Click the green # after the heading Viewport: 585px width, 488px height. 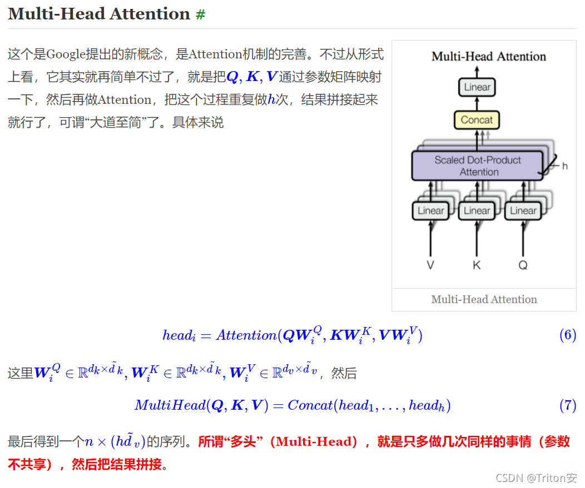tap(200, 15)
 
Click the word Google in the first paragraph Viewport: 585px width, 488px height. tap(65, 54)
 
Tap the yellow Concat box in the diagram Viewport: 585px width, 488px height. tap(477, 120)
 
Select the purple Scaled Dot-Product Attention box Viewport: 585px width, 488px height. tap(478, 166)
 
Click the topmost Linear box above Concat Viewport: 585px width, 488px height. tap(477, 87)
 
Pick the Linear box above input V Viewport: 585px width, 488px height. tap(430, 211)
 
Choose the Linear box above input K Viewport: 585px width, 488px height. tap(477, 211)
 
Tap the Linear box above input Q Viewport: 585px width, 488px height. tap(523, 211)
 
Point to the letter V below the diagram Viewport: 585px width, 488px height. tap(430, 265)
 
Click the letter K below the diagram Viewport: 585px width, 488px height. tap(477, 265)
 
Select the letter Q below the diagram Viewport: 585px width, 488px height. tap(523, 265)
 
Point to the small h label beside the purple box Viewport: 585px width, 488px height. tap(565, 166)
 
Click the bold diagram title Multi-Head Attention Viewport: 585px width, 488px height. tap(489, 56)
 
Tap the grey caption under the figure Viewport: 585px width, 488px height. tap(484, 300)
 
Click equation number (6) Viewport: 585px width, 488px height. tap(567, 335)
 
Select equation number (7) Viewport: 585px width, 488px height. tap(567, 406)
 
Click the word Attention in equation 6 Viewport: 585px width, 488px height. tap(246, 335)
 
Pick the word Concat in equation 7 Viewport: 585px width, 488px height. tap(310, 406)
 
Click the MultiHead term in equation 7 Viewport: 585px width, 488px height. tap(170, 406)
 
